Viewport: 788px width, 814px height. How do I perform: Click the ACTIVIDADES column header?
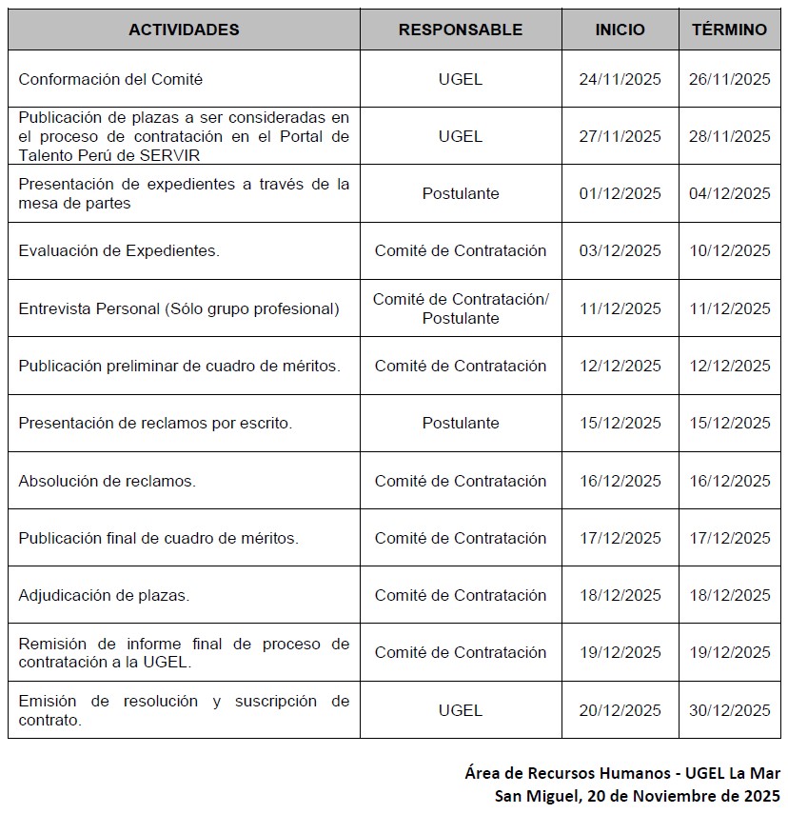pyautogui.click(x=184, y=30)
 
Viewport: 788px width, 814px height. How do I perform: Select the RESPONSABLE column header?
pyautogui.click(x=460, y=30)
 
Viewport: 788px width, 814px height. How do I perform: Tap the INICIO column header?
pyautogui.click(x=620, y=30)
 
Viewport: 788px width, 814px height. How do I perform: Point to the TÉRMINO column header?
pyautogui.click(x=729, y=30)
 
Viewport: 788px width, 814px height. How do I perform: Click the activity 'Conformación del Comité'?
pyautogui.click(x=110, y=79)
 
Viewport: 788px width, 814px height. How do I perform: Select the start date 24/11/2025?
pyautogui.click(x=620, y=79)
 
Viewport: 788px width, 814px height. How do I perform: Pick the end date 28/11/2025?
pyautogui.click(x=729, y=136)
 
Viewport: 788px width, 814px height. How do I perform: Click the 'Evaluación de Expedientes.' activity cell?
pyautogui.click(x=119, y=251)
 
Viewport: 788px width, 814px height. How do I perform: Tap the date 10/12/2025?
pyautogui.click(x=729, y=251)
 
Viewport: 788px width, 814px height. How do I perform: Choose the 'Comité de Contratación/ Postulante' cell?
pyautogui.click(x=460, y=308)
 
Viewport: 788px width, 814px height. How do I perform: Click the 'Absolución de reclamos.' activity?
pyautogui.click(x=107, y=481)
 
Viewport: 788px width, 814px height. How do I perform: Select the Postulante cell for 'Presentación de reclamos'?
pyautogui.click(x=460, y=423)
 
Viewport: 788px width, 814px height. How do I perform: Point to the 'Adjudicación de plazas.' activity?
pyautogui.click(x=104, y=595)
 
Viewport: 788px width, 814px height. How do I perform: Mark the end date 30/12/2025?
pyautogui.click(x=729, y=710)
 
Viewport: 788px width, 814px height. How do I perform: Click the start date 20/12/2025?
pyautogui.click(x=620, y=710)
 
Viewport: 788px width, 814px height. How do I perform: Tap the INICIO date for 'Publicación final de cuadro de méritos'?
pyautogui.click(x=620, y=538)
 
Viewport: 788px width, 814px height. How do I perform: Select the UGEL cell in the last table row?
pyautogui.click(x=460, y=710)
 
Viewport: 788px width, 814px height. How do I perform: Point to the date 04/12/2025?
pyautogui.click(x=729, y=193)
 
